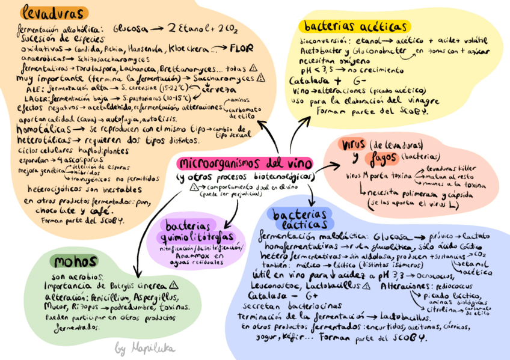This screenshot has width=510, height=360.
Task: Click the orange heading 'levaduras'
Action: coord(53,13)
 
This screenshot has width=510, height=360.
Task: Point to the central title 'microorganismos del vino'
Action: coord(245,163)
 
